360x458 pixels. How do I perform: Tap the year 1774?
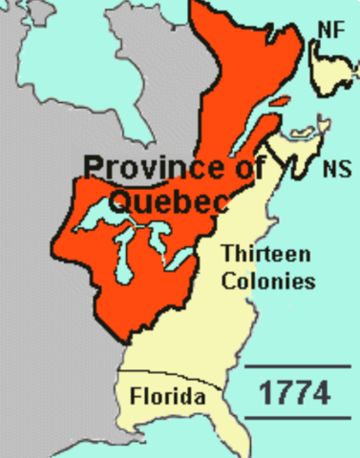tap(297, 392)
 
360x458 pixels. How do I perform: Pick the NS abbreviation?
tap(335, 170)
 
